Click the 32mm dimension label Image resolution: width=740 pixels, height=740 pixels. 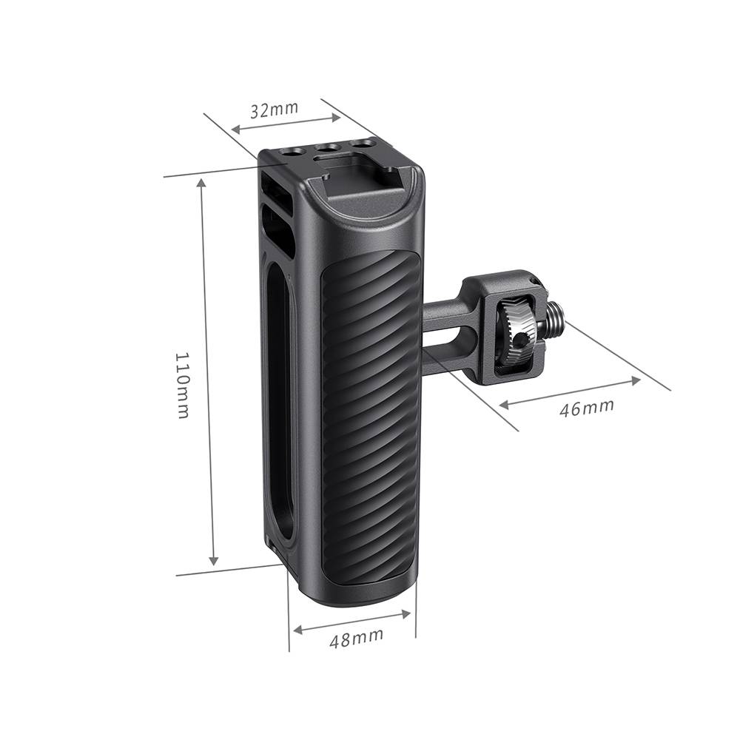[275, 109]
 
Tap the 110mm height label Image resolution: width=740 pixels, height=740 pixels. [182, 385]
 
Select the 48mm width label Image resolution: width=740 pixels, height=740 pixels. [357, 637]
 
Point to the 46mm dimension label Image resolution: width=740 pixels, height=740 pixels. [587, 408]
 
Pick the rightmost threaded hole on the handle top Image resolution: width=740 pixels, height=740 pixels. [362, 143]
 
